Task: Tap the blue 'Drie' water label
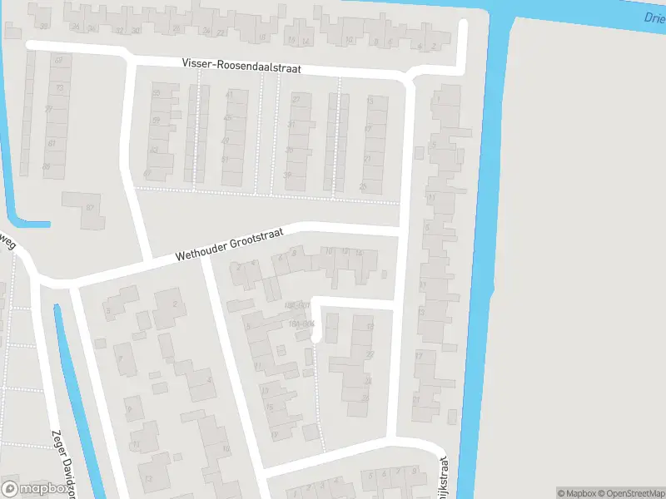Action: coord(654,18)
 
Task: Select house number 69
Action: coord(58,61)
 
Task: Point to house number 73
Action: coord(59,87)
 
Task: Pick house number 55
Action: coord(156,94)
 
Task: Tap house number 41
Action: coord(228,95)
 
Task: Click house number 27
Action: coord(295,100)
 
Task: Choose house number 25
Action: coord(363,186)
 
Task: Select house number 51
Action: coord(156,121)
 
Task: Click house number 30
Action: coord(136,30)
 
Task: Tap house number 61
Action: coord(52,144)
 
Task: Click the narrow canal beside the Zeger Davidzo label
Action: coord(77,399)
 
